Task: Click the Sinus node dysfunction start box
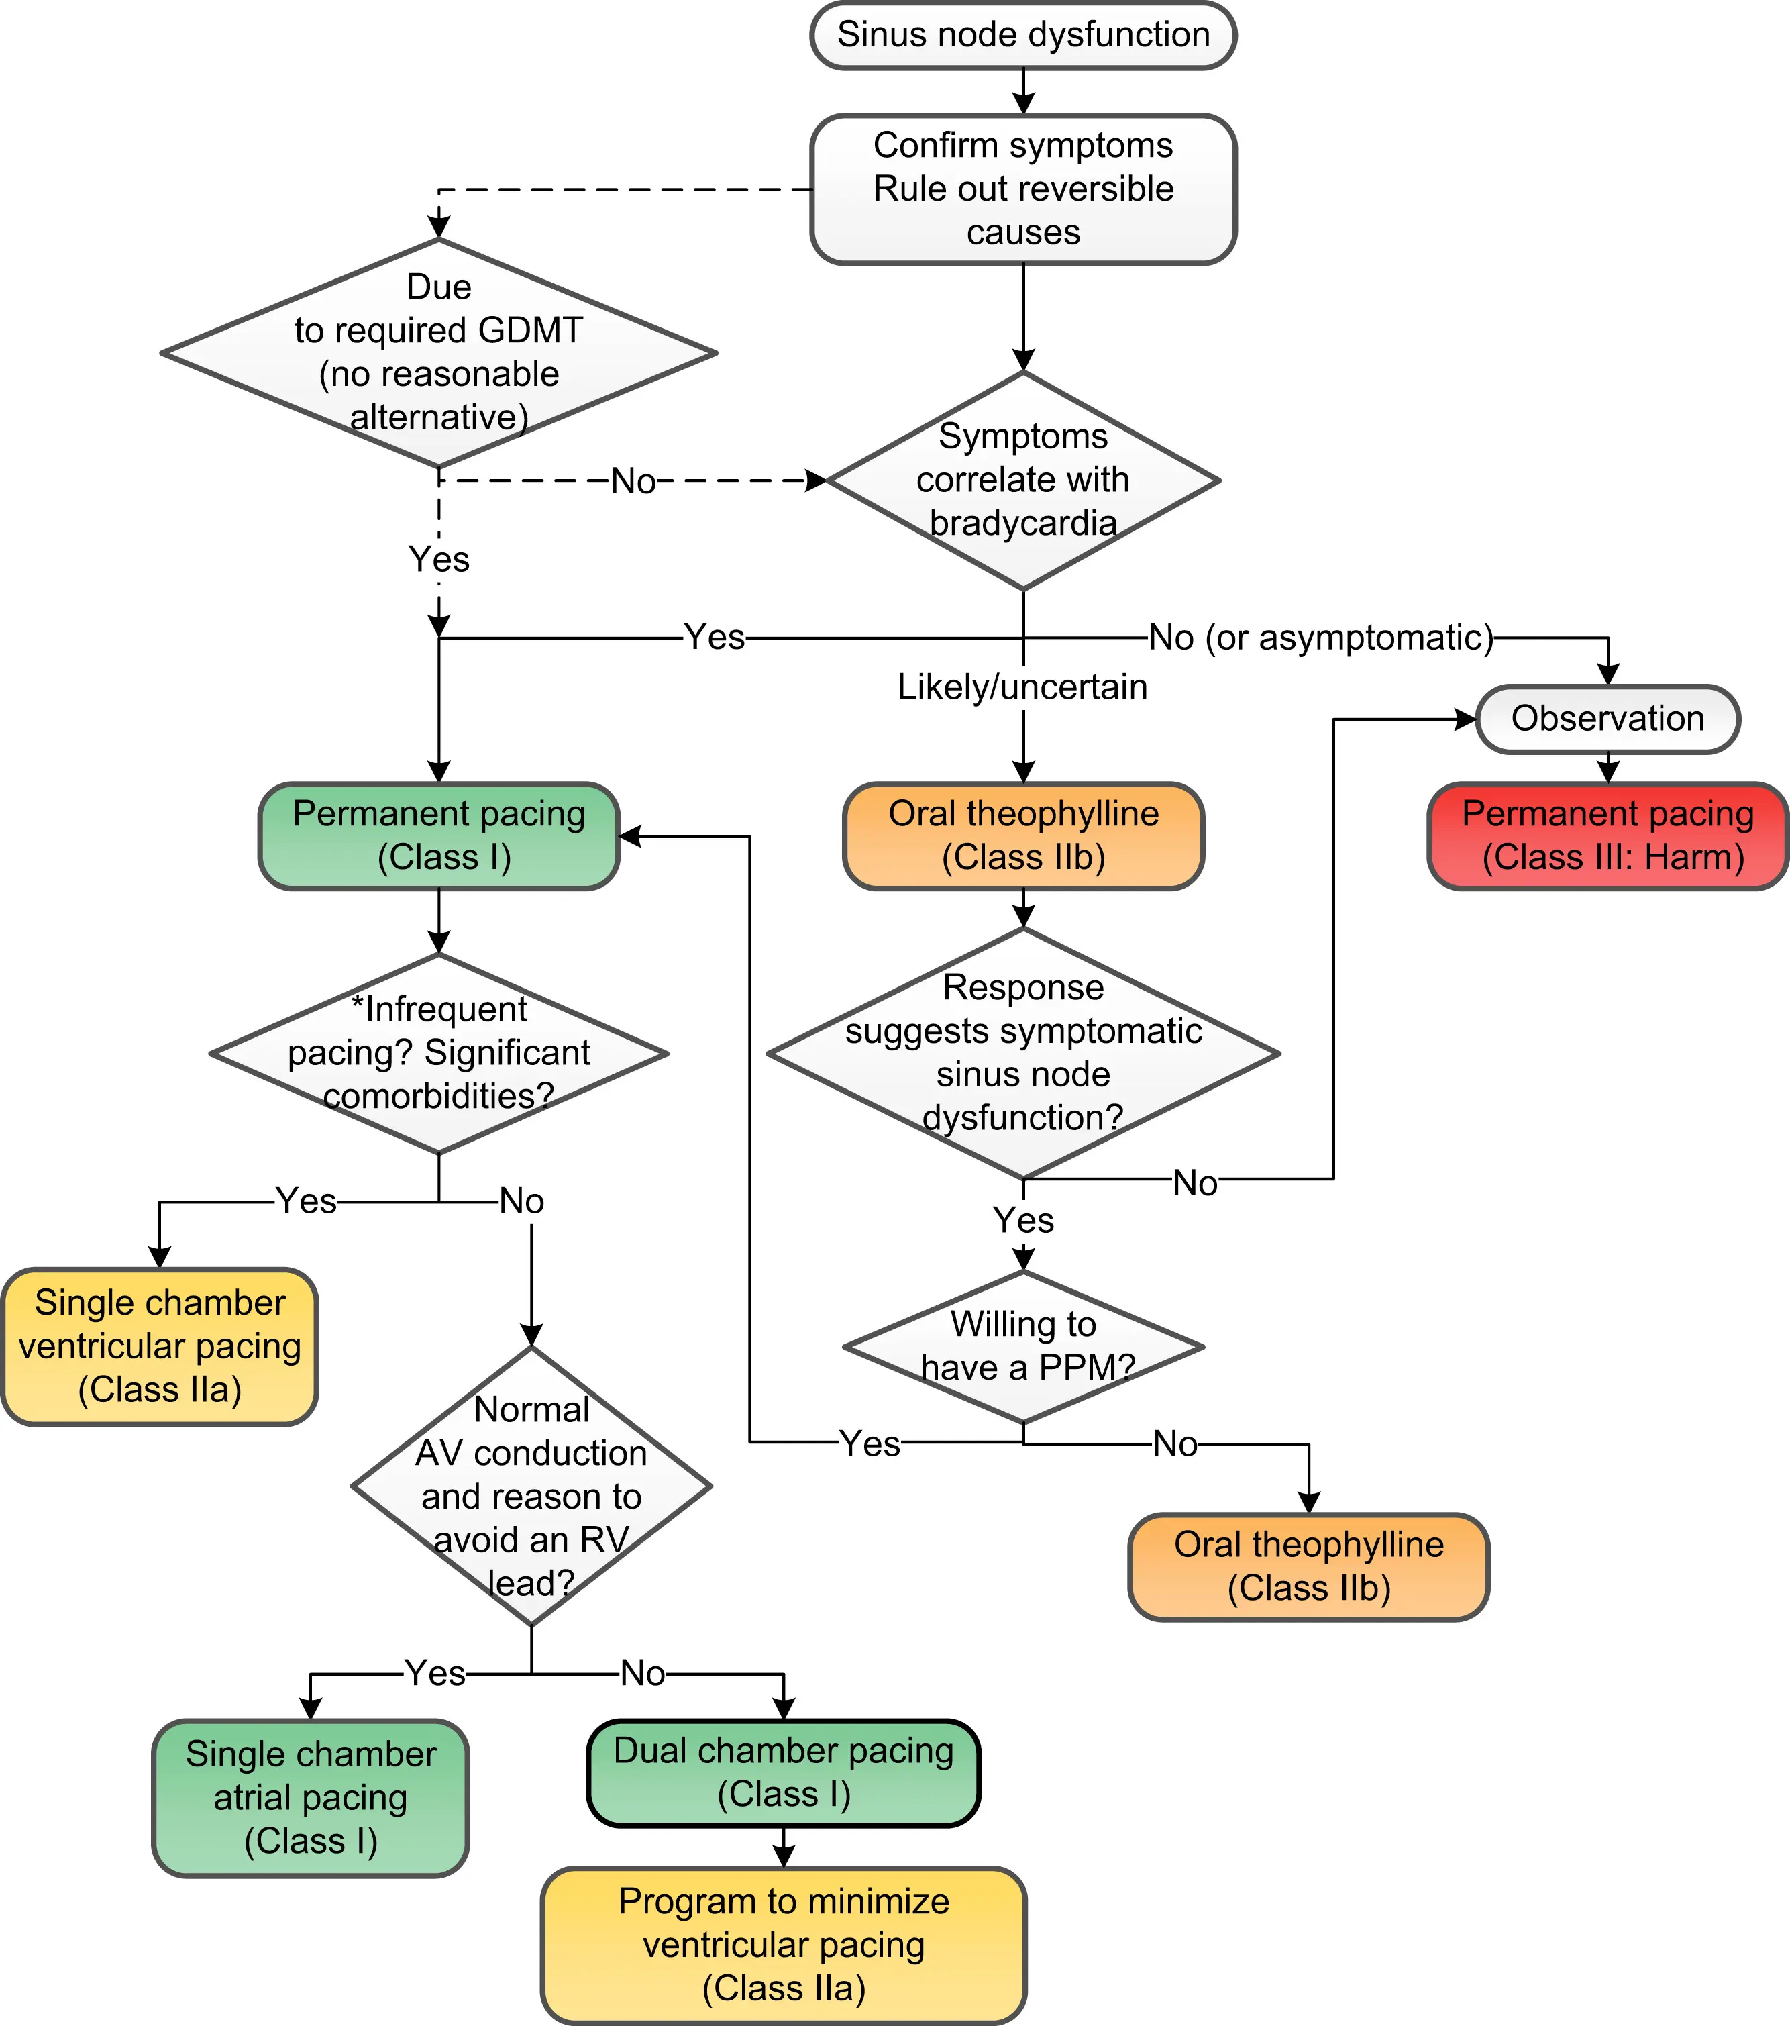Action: click(x=1023, y=36)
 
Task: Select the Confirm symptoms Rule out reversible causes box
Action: click(x=1023, y=189)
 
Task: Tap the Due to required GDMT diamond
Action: click(x=439, y=353)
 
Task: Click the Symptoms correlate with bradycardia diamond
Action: click(x=1023, y=480)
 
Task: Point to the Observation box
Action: click(x=1607, y=719)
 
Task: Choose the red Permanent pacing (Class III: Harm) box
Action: click(x=1607, y=835)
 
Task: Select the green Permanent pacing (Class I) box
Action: click(x=439, y=835)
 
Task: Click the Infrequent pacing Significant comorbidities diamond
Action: click(x=439, y=1053)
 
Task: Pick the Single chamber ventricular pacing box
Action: click(x=160, y=1346)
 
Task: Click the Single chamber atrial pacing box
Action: click(x=310, y=1798)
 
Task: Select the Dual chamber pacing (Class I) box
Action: click(x=783, y=1772)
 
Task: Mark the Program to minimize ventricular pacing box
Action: click(x=783, y=1945)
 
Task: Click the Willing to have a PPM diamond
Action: click(x=1023, y=1346)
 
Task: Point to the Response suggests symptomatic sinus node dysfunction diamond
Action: click(x=1023, y=1053)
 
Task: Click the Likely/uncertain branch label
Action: click(x=1023, y=687)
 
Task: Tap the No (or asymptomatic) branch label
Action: click(x=1320, y=638)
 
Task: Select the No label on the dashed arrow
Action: click(x=633, y=482)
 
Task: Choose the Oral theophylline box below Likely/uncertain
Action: click(x=1023, y=835)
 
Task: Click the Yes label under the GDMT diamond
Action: click(x=439, y=559)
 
